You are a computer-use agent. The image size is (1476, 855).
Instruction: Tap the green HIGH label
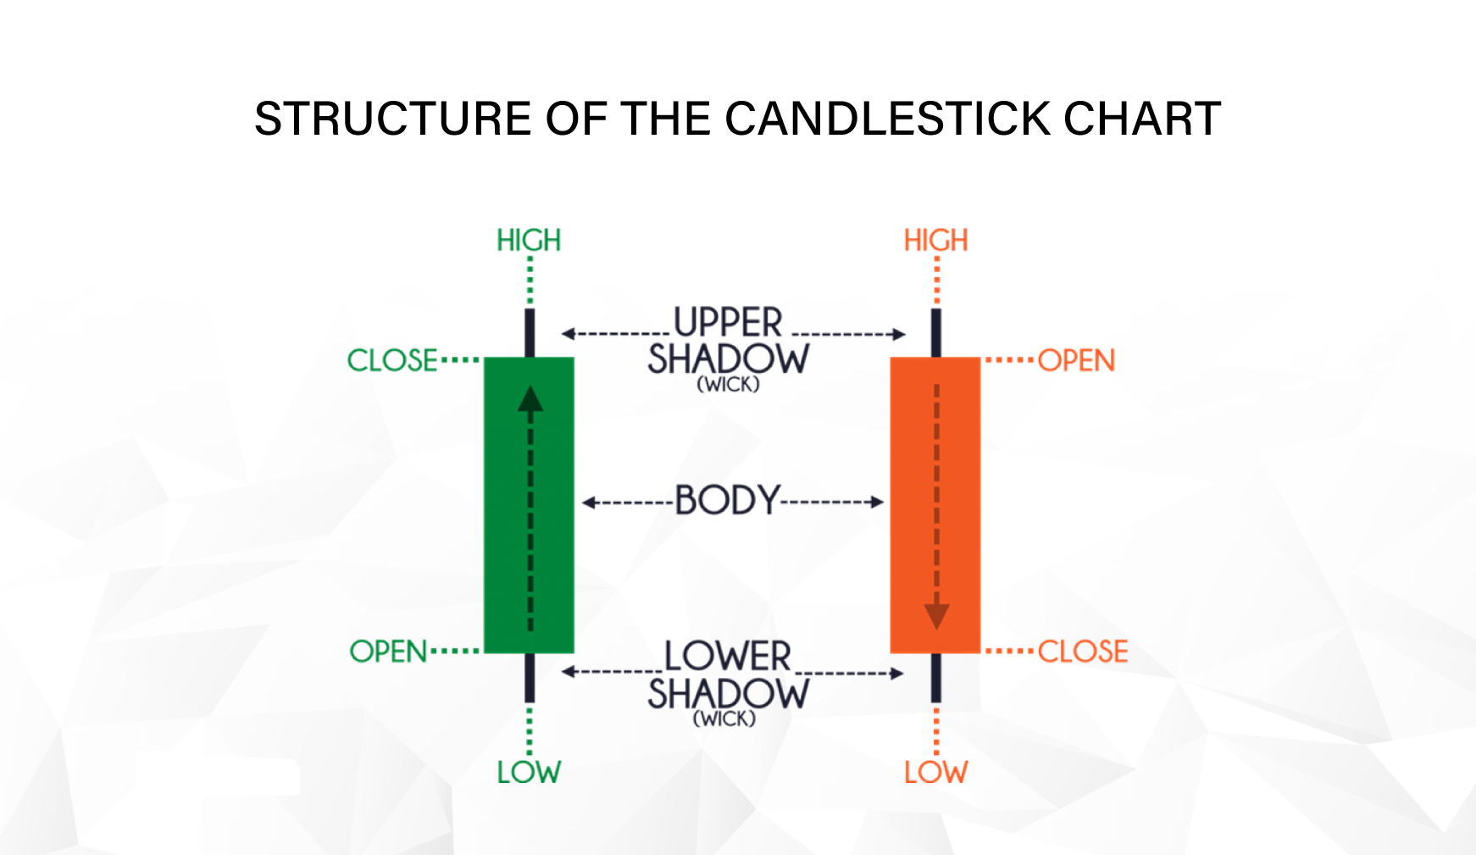point(529,241)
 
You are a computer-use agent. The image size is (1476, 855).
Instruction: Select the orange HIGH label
point(935,241)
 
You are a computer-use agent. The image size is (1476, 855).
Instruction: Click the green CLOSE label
point(392,360)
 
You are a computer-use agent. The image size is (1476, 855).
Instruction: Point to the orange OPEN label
point(1076,360)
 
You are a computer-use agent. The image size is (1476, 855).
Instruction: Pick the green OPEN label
point(389,652)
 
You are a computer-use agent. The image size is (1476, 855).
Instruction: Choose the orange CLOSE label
point(1083,652)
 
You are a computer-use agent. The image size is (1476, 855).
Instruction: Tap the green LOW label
point(529,772)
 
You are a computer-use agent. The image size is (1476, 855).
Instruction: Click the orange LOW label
point(935,772)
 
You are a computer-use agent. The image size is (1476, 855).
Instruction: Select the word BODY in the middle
point(727,501)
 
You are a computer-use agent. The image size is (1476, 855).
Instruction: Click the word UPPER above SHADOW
point(728,323)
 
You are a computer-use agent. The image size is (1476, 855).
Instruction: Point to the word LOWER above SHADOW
point(728,657)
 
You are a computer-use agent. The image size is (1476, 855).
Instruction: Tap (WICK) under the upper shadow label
point(728,385)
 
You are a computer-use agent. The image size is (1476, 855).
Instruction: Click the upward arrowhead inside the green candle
point(530,399)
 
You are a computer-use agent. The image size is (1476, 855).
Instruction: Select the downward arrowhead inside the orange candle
point(936,616)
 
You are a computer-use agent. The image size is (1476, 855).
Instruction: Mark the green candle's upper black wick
point(530,332)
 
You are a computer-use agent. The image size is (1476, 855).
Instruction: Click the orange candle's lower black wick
point(936,678)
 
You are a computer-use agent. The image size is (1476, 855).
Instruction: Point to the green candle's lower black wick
point(530,678)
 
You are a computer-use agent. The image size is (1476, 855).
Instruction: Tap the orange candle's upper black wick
point(936,332)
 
